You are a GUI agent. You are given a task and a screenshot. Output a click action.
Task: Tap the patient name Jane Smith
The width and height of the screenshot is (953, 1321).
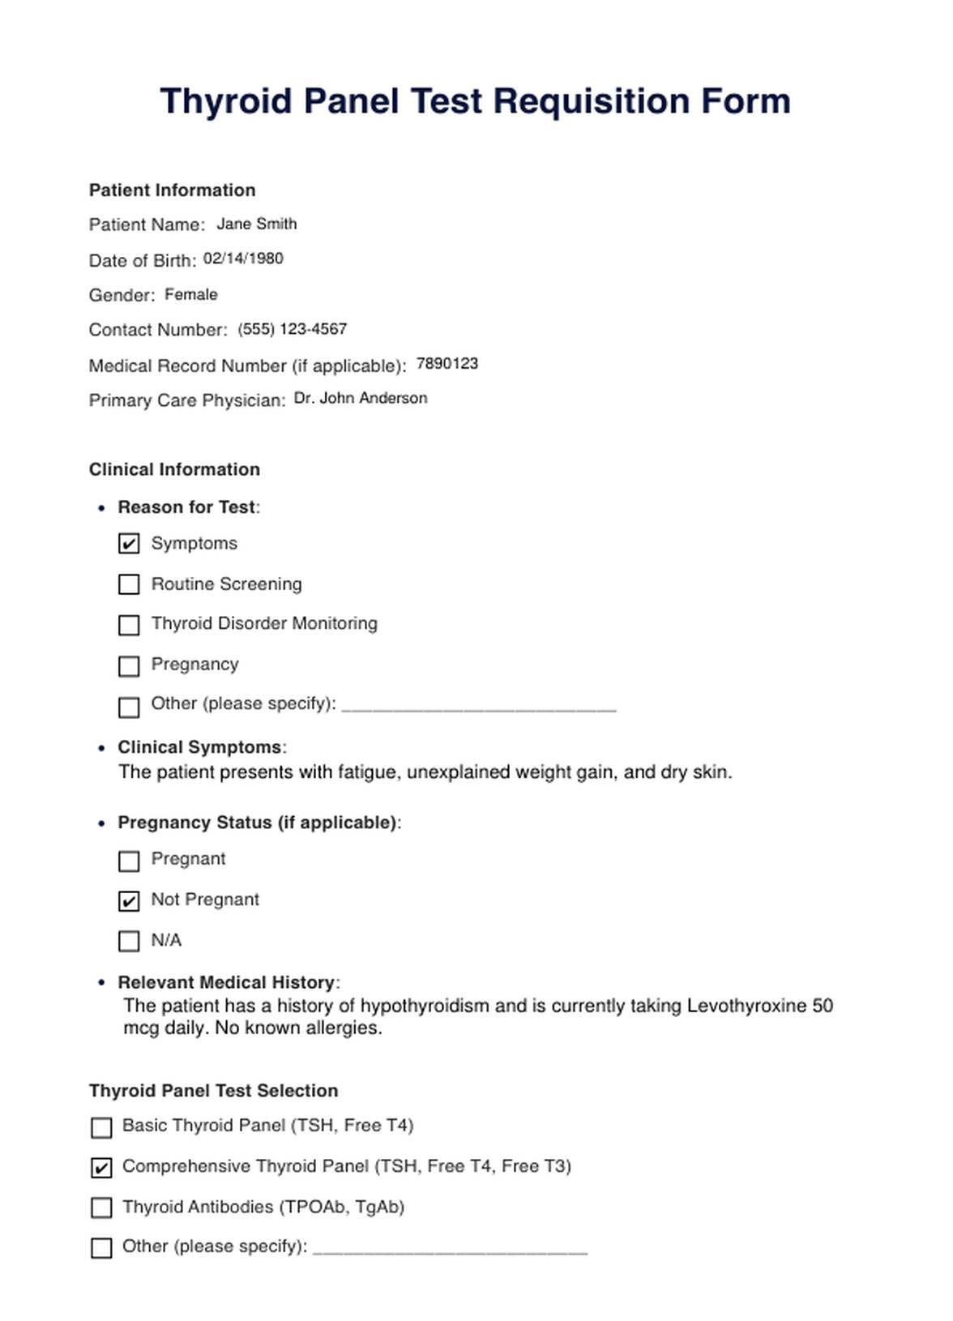[256, 224]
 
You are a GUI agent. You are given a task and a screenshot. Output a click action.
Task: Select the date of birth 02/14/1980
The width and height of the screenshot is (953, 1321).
[243, 259]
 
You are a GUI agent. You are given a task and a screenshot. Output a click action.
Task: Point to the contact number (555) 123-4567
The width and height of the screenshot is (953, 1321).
[292, 329]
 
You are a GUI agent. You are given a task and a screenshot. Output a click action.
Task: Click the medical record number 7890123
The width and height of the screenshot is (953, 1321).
[447, 364]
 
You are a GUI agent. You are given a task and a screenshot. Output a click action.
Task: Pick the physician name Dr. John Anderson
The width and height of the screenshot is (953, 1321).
[360, 398]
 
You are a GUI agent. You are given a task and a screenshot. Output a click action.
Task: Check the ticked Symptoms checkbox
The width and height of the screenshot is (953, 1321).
[129, 544]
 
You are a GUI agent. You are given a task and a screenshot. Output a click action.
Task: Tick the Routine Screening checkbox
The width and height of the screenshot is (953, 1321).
[129, 584]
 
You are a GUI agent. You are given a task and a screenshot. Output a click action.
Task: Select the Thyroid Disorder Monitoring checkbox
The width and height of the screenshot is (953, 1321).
[129, 625]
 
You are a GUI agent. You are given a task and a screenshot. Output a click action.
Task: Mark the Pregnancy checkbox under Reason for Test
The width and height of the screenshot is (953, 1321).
[129, 666]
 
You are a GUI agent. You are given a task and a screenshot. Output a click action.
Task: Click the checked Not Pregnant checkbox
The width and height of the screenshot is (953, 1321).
[129, 901]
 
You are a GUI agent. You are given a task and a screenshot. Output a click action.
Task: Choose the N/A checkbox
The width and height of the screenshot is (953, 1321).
[129, 941]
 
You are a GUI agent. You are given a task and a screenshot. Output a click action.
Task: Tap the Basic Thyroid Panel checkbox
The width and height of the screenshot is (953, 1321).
[101, 1127]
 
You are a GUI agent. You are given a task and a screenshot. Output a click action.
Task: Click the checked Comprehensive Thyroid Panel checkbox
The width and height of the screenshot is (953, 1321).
[101, 1168]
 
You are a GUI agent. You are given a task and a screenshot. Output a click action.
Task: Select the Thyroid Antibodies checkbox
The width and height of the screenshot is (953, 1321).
[101, 1208]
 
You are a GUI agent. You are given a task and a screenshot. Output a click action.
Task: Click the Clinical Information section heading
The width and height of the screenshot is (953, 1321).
[174, 469]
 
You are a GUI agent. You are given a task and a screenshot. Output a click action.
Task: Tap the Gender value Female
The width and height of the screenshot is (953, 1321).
[190, 294]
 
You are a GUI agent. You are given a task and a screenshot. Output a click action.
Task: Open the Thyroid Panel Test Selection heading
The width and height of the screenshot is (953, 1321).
[213, 1091]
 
